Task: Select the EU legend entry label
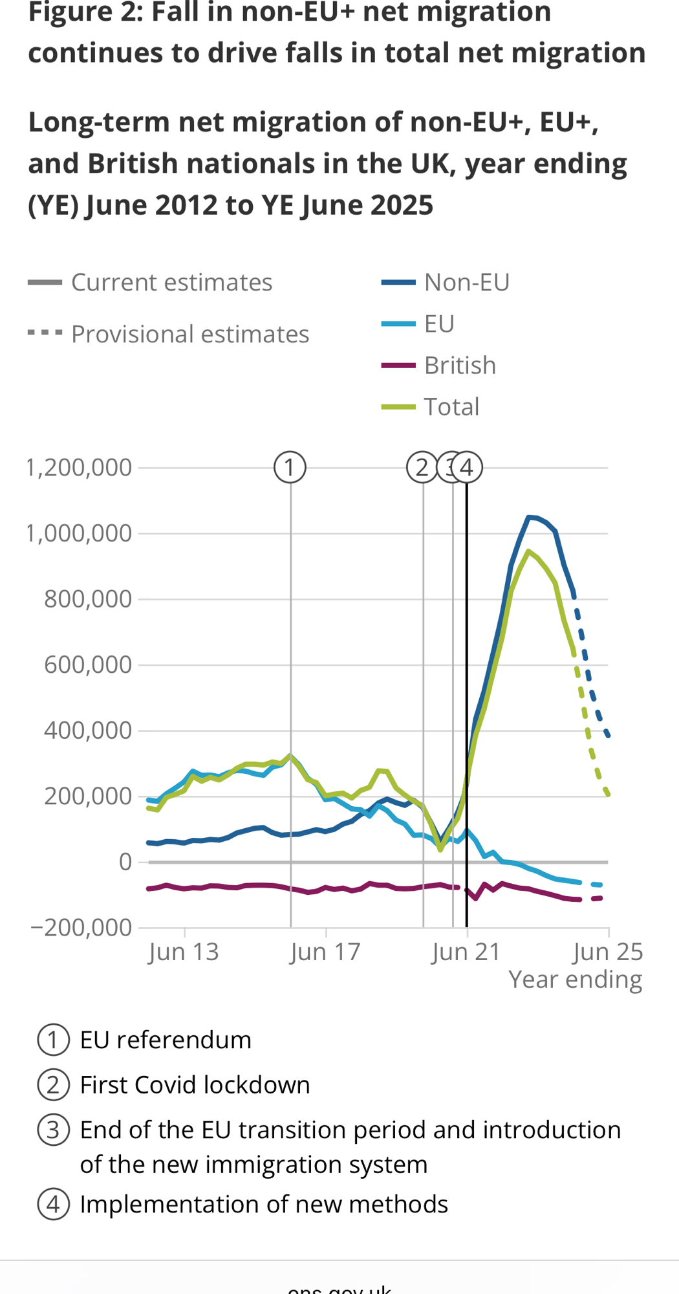pyautogui.click(x=439, y=324)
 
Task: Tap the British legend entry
pyautogui.click(x=460, y=366)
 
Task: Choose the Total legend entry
pyautogui.click(x=451, y=407)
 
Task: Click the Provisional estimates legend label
pyautogui.click(x=190, y=334)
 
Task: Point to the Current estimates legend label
pyautogui.click(x=171, y=283)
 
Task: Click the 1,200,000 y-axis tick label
pyautogui.click(x=78, y=467)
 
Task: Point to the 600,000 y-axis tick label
pyautogui.click(x=87, y=664)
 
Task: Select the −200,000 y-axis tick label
pyautogui.click(x=81, y=928)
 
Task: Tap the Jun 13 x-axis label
pyautogui.click(x=184, y=952)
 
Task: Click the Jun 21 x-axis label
pyautogui.click(x=466, y=952)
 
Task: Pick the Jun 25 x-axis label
pyautogui.click(x=608, y=952)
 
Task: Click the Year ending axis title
pyautogui.click(x=575, y=980)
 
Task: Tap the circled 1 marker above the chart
pyautogui.click(x=290, y=467)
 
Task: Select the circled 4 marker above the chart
pyautogui.click(x=467, y=467)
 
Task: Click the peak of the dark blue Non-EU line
pyautogui.click(x=529, y=516)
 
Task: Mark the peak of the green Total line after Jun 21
pyautogui.click(x=528, y=551)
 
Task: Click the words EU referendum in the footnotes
pyautogui.click(x=166, y=1040)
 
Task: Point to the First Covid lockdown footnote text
pyautogui.click(x=195, y=1085)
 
